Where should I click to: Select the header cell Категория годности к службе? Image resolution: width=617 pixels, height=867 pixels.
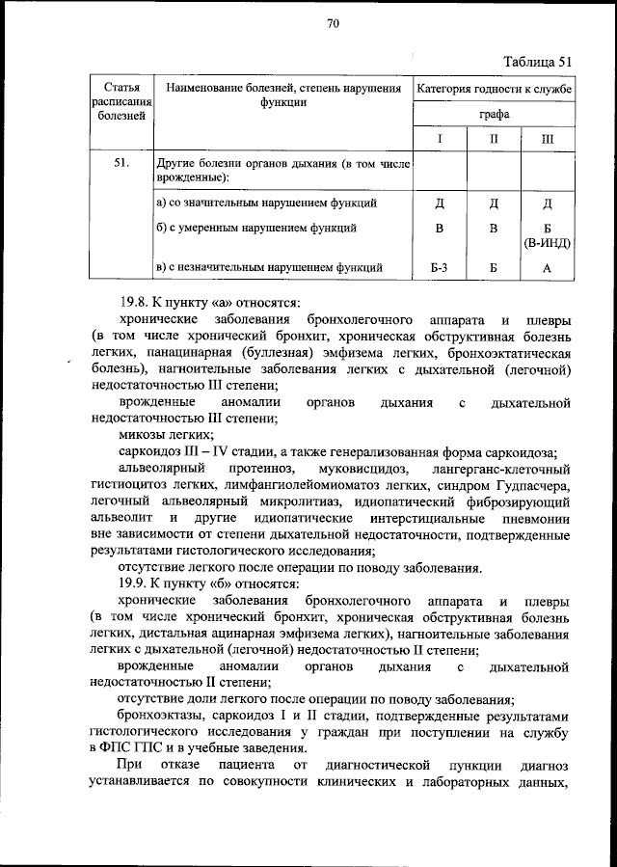tap(495, 89)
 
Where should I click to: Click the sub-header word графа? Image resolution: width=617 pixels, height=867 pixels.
tap(495, 114)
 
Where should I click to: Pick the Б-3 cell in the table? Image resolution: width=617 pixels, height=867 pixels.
tap(439, 267)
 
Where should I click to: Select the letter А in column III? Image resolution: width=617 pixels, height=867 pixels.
tap(547, 267)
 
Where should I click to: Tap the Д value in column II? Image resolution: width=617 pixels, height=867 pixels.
tap(493, 203)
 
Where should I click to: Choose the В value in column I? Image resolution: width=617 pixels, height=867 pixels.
tap(439, 229)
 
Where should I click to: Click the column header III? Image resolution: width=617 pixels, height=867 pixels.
tap(547, 139)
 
